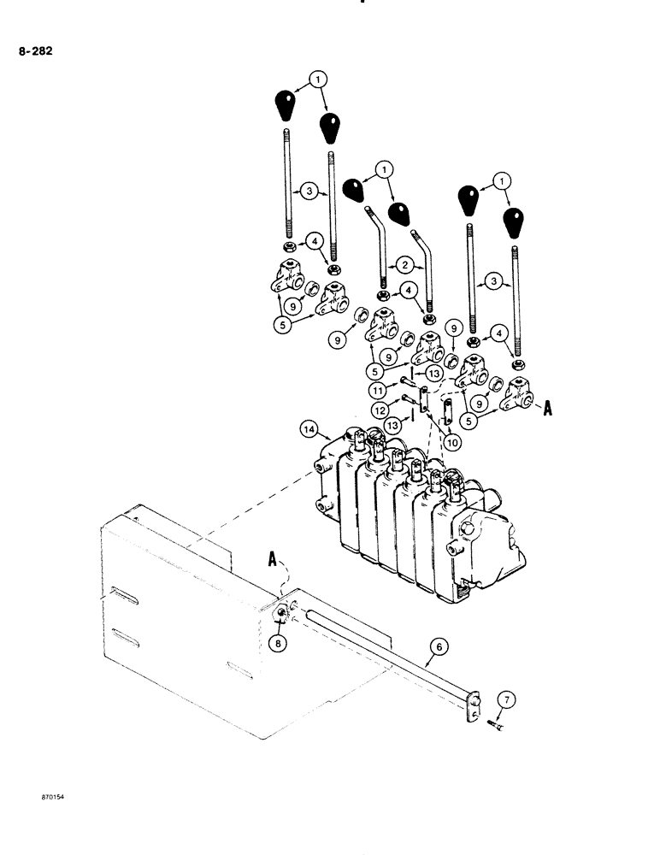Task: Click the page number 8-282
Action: (35, 52)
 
